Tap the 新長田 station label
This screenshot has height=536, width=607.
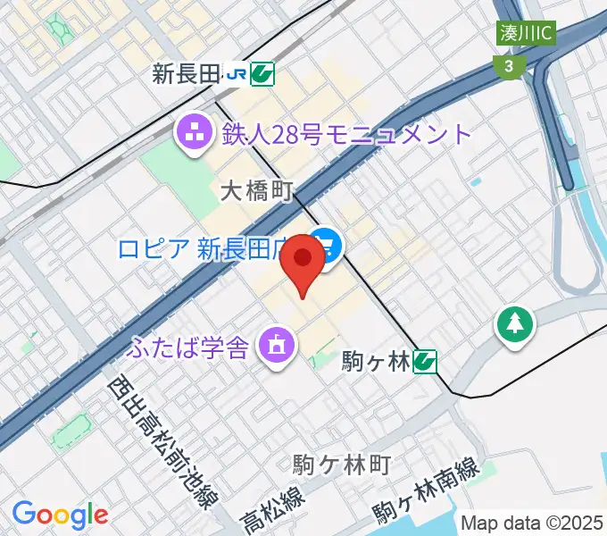click(186, 74)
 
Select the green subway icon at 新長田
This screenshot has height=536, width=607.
click(262, 74)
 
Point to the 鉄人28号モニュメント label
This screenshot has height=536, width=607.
click(343, 135)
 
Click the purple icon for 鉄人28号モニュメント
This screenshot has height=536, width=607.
click(194, 136)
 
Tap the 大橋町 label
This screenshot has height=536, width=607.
click(257, 191)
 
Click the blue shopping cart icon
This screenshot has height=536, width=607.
click(327, 246)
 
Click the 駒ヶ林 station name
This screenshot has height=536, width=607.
click(375, 362)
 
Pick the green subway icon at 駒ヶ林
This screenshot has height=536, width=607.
click(425, 361)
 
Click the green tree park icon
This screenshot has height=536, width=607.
click(516, 324)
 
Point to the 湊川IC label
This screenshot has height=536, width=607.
click(527, 34)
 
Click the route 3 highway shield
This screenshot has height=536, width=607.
click(508, 65)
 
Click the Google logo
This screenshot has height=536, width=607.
click(60, 515)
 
